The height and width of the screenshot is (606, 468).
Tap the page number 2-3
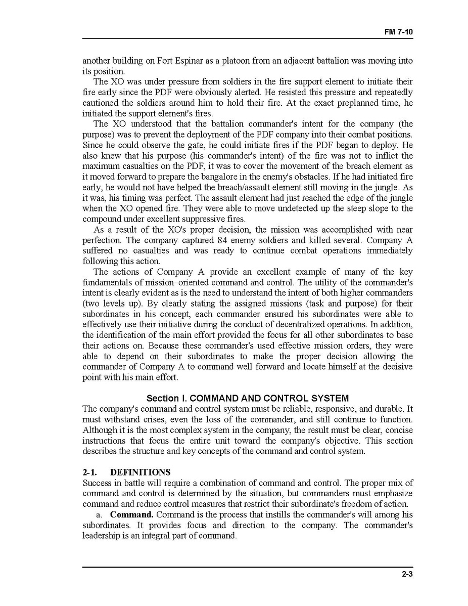click(x=407, y=574)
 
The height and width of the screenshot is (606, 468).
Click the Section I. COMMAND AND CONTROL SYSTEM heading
click(x=247, y=399)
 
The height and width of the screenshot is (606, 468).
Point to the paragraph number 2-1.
click(x=90, y=472)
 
